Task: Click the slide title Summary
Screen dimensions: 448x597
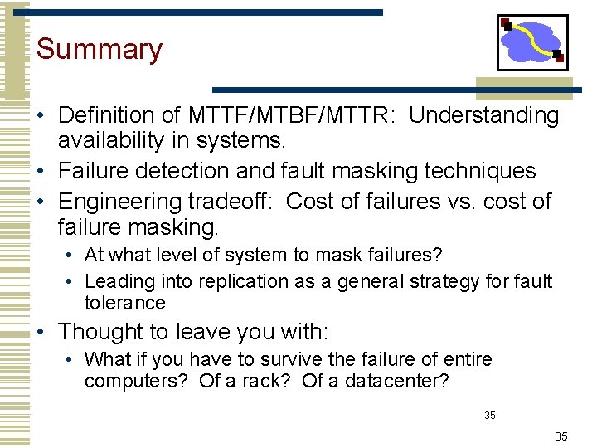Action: [x=99, y=49]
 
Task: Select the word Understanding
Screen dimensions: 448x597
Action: [x=484, y=115]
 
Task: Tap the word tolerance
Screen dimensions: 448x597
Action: [x=124, y=304]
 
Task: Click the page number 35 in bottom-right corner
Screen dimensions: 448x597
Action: [x=561, y=436]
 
